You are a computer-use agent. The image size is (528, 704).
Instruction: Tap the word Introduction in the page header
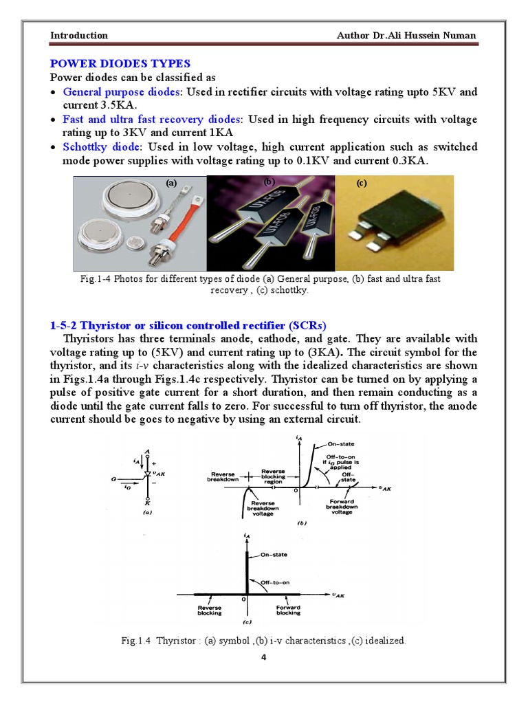click(x=79, y=35)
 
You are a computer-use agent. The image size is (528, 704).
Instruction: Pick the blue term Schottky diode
click(x=101, y=147)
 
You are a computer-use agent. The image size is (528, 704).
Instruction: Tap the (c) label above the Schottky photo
click(x=362, y=183)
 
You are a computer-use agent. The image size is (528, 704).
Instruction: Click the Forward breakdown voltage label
click(x=342, y=506)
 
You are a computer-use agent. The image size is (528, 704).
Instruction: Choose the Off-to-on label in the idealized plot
click(x=274, y=582)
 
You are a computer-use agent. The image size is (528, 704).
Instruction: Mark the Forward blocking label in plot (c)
click(x=287, y=609)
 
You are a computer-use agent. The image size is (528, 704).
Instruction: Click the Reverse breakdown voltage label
click(x=261, y=509)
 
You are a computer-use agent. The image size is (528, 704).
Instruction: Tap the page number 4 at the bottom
click(x=263, y=658)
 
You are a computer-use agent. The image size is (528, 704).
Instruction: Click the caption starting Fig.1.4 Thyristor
click(x=263, y=640)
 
